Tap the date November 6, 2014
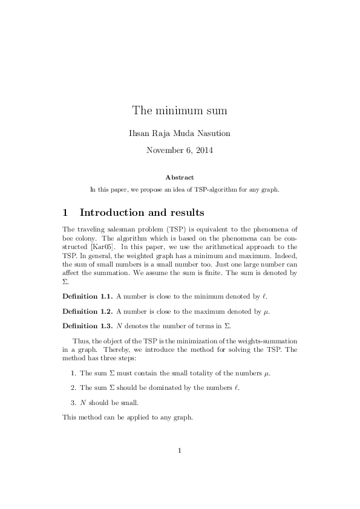pos(180,149)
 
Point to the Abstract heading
pos(180,177)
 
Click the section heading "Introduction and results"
pos(142,213)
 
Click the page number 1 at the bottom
pos(180,450)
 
